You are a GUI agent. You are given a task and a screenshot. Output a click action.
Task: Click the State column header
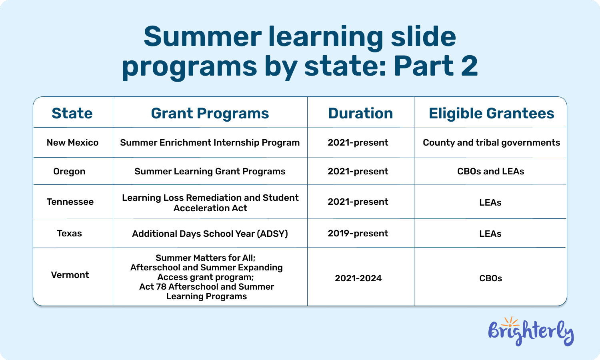coord(72,113)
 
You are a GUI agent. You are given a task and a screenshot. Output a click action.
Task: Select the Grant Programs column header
coord(210,113)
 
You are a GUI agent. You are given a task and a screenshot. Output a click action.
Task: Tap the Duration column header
coord(360,113)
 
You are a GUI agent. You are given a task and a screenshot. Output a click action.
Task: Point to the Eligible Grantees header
coord(491,113)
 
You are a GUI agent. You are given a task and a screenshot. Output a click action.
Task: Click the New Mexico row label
coord(72,143)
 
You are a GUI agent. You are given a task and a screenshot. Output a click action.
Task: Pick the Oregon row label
coord(69,172)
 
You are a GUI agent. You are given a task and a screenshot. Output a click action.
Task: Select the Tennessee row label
coord(70,202)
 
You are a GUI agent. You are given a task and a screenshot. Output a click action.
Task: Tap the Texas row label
coord(69,234)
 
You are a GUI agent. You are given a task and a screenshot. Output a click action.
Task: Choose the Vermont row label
coord(70,275)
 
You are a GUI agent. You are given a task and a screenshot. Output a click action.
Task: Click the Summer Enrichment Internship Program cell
coord(210,143)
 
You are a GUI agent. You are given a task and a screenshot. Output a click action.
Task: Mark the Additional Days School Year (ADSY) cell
coord(210,234)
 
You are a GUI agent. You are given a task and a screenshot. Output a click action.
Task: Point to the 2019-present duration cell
coord(358,234)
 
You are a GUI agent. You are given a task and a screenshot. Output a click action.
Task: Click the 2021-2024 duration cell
coord(358,278)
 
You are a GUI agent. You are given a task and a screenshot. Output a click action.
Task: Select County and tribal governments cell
coord(491,143)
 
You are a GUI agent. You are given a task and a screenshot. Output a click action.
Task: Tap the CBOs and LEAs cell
coord(490,172)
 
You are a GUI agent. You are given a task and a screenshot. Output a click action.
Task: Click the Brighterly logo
coord(531,332)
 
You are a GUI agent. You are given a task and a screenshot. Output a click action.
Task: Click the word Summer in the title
coord(202,37)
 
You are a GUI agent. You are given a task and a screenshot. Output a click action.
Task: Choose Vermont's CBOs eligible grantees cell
coord(490,278)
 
